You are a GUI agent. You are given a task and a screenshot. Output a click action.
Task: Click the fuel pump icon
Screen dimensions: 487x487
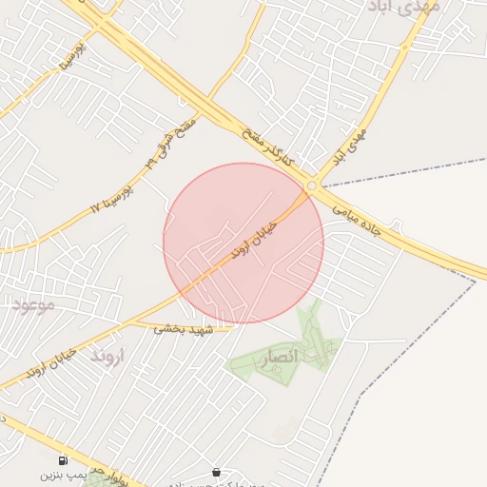63,459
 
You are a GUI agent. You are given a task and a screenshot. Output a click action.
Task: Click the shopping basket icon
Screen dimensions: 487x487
217,471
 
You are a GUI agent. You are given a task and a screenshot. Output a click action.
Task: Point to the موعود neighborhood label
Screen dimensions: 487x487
35,304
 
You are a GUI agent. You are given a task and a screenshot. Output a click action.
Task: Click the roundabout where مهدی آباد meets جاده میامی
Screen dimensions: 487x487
311,186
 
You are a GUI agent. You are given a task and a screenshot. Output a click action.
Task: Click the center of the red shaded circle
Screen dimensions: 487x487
243,243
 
